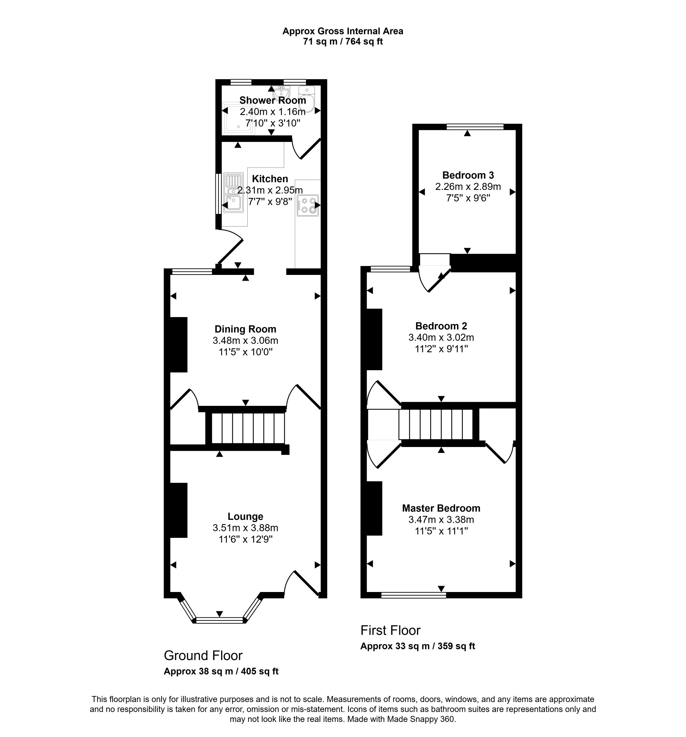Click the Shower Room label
coord(272,100)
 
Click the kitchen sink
coord(233,193)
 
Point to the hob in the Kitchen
coord(308,205)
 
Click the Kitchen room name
coord(270,179)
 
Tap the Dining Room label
coord(245,329)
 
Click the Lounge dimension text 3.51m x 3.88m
coord(245,528)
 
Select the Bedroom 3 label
coord(468,175)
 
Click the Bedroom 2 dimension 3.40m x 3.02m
coord(441,337)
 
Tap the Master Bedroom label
coord(441,508)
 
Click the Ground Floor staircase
coord(248,428)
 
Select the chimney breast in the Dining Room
coord(178,345)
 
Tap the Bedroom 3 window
coord(475,127)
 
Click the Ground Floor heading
coord(203,656)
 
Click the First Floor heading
coord(390,630)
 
